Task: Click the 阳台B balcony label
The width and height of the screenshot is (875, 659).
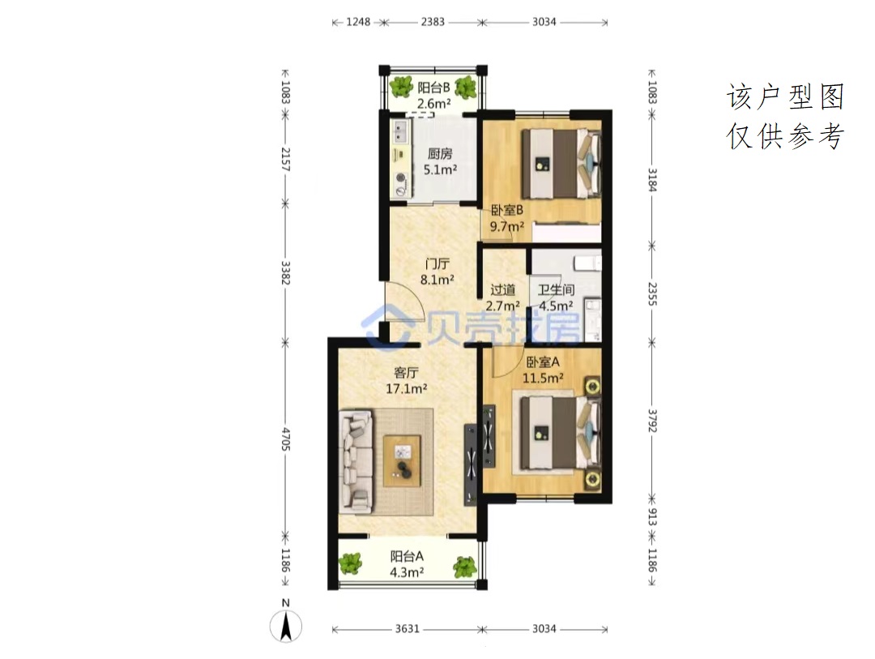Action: (433, 88)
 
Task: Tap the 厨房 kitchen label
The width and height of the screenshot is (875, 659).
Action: (440, 153)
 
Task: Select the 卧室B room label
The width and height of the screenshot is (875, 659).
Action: (506, 211)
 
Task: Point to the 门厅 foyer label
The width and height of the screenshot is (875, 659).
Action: (437, 263)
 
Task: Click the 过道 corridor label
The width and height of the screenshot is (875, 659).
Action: (503, 290)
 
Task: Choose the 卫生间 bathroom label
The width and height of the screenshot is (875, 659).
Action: (556, 290)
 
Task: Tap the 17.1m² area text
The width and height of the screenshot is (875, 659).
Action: (406, 388)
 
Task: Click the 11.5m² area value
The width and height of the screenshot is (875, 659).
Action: (542, 378)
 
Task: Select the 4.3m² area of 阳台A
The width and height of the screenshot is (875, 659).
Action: (406, 572)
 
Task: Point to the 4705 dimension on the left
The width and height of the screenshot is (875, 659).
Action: (285, 439)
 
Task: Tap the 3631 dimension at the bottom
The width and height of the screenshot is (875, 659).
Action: (407, 629)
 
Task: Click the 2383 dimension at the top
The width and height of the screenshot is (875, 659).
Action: (433, 22)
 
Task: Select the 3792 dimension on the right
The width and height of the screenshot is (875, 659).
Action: (651, 421)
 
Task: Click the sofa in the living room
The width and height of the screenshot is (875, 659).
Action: (356, 461)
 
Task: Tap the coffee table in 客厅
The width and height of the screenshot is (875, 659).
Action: (402, 461)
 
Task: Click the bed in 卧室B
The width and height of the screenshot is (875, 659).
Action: (561, 164)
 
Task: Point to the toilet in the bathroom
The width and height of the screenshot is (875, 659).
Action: (587, 263)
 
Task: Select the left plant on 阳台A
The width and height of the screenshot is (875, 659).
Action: (351, 563)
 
